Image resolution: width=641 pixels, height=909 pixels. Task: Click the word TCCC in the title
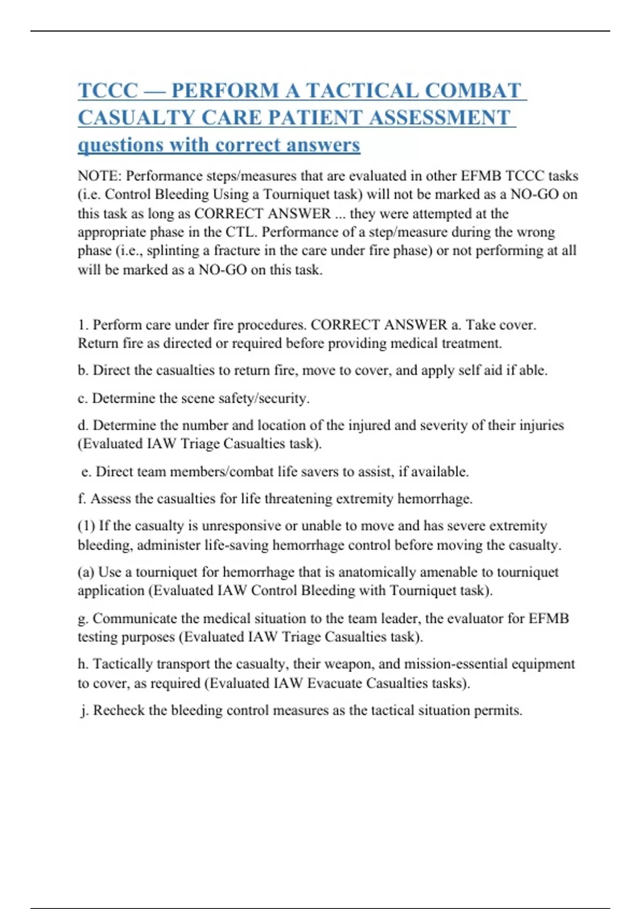point(108,90)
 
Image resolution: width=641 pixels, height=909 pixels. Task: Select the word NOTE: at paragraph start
point(99,176)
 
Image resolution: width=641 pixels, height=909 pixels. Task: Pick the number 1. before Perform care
point(83,325)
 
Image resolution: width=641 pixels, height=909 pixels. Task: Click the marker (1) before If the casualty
point(86,526)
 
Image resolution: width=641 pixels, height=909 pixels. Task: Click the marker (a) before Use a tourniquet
point(86,572)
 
